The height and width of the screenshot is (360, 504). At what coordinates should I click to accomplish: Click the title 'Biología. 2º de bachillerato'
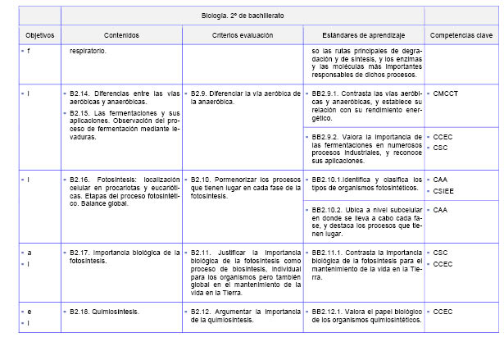(x=243, y=16)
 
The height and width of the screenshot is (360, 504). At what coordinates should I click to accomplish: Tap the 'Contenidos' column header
(x=121, y=36)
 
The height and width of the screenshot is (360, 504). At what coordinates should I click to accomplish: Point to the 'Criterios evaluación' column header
(x=242, y=36)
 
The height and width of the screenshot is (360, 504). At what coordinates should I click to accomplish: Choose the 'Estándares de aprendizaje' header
(x=362, y=36)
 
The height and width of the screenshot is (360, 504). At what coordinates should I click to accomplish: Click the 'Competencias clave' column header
(x=461, y=36)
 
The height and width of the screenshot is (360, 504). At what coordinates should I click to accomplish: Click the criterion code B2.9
(x=202, y=93)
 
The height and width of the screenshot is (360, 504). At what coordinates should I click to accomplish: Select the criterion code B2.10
(x=203, y=178)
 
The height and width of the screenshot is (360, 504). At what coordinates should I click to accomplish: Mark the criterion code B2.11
(x=203, y=252)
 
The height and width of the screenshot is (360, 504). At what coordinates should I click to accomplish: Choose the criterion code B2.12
(x=203, y=312)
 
